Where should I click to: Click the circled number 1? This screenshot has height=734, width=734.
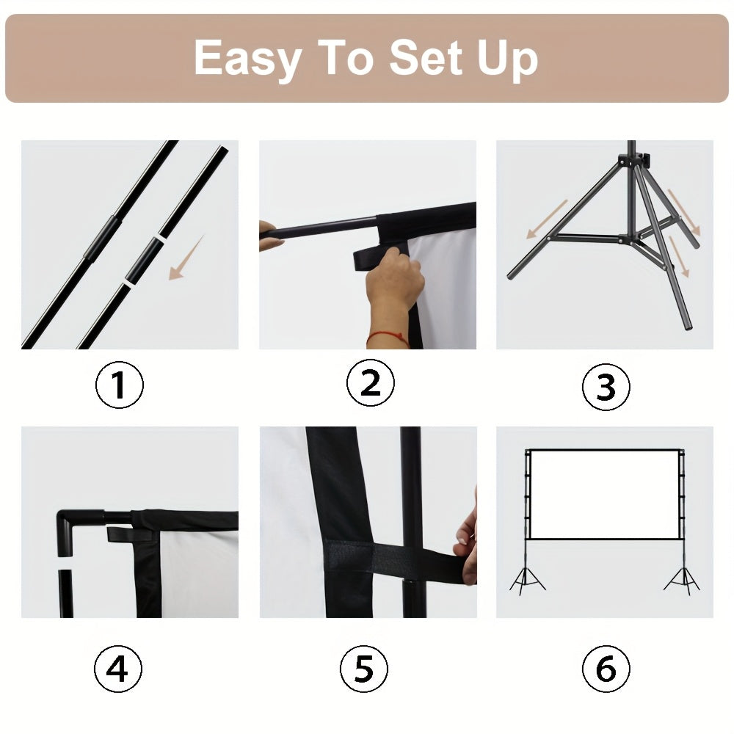coord(120,385)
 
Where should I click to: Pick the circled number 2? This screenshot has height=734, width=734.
coord(370,383)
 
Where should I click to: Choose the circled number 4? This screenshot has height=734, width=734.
coord(117,669)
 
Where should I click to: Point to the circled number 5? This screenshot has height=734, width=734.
coord(363,669)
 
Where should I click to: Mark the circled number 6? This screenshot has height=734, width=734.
coord(606,669)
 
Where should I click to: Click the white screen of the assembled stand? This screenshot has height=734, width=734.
coord(603,493)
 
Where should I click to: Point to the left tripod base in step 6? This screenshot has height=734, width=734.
coord(528,580)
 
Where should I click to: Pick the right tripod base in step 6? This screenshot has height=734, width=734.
coord(682,580)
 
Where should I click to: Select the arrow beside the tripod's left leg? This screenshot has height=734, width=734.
coord(547,218)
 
